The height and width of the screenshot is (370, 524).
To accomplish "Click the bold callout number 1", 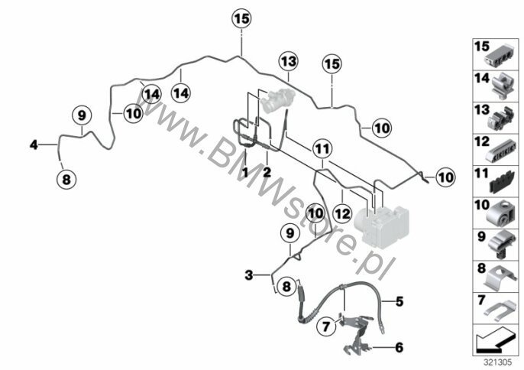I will (x=246, y=173).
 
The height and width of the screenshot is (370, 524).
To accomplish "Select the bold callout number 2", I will (x=267, y=173).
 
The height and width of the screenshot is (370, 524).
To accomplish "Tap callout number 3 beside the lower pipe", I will (x=247, y=274).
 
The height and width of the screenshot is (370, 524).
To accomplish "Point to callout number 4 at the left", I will (x=33, y=144).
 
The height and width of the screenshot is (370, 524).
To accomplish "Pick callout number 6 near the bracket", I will (x=398, y=348).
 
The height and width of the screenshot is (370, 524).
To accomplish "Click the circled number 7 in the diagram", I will (x=325, y=326).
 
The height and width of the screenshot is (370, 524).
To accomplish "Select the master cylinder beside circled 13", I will (x=277, y=99).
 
